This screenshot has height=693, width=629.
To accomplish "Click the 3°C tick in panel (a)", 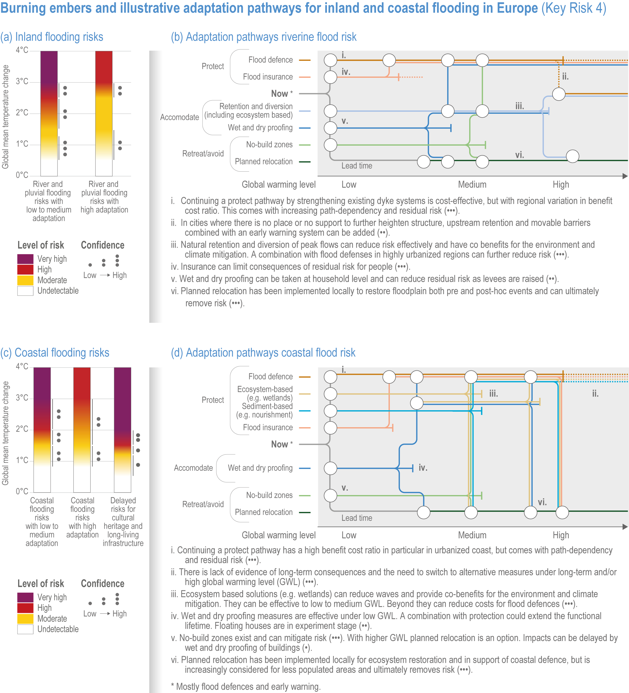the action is click(x=22, y=82).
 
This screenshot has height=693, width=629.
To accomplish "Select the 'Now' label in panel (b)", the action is click(x=279, y=94).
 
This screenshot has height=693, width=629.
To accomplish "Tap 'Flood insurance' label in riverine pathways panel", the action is click(x=268, y=77).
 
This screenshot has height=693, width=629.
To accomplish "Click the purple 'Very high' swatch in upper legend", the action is click(x=25, y=259).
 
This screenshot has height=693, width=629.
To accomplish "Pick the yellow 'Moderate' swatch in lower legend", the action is click(x=25, y=618).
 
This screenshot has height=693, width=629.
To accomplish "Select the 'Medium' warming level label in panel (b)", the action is click(x=472, y=185).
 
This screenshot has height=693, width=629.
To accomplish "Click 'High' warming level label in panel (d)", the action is click(x=561, y=535).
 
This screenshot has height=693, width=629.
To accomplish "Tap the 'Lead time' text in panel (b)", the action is click(x=357, y=166).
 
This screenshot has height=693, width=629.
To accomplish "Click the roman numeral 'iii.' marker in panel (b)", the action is click(x=519, y=106).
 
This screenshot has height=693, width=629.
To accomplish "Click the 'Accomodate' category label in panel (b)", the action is click(x=179, y=117).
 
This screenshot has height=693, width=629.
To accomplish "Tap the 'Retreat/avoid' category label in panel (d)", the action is click(x=203, y=504).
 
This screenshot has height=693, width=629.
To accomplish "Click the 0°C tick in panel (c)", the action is click(x=22, y=491).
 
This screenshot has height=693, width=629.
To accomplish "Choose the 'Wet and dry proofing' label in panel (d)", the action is click(x=260, y=468).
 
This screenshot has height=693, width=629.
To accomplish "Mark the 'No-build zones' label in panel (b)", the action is click(x=269, y=144).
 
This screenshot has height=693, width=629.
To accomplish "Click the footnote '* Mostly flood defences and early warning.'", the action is click(x=246, y=687).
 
